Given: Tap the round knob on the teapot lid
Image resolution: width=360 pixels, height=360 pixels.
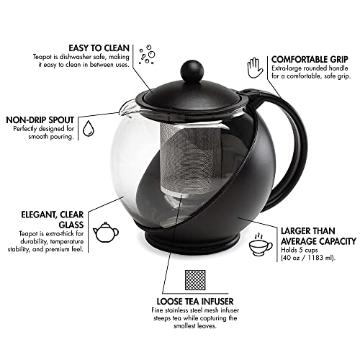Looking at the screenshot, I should (174, 71).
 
